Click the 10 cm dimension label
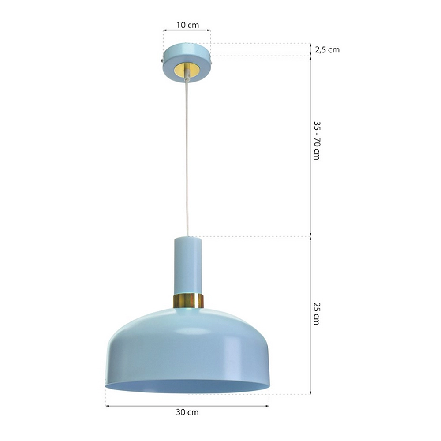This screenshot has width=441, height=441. (187, 25)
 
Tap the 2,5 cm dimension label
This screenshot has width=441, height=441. (327, 50)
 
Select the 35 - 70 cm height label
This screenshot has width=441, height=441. (317, 141)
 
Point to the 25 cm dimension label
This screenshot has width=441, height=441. (317, 314)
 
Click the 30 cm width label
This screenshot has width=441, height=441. (187, 412)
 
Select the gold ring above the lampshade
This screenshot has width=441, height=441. (188, 301)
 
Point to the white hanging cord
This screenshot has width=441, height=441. (187, 157)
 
